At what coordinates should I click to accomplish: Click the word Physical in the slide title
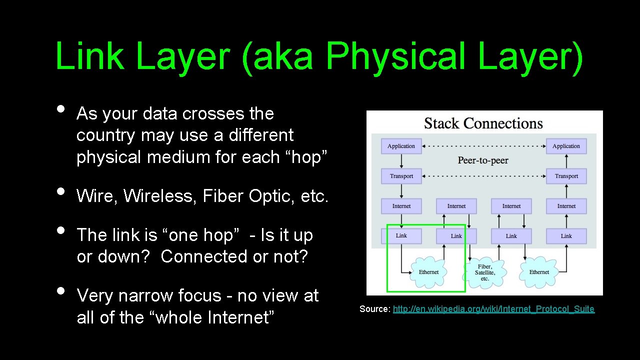[398, 56]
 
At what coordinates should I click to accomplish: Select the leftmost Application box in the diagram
[401, 146]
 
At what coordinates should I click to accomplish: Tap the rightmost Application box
[566, 146]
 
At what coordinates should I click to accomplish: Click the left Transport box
[401, 176]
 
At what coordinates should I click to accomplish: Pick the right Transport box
[566, 176]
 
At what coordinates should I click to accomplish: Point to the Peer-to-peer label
[483, 160]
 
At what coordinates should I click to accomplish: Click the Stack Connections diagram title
[483, 123]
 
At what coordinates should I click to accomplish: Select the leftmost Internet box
[401, 206]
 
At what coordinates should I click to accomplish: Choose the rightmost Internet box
[566, 206]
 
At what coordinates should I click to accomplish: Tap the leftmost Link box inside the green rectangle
[401, 235]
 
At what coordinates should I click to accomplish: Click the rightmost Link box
[566, 236]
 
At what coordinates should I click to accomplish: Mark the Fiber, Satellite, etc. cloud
[484, 272]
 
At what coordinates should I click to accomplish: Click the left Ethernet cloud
[428, 272]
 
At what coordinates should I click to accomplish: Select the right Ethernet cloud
[539, 272]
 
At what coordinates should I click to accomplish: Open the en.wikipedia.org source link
[493, 309]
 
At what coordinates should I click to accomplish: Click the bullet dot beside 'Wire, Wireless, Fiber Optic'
[60, 191]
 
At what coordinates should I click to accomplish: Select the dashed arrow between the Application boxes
[483, 146]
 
